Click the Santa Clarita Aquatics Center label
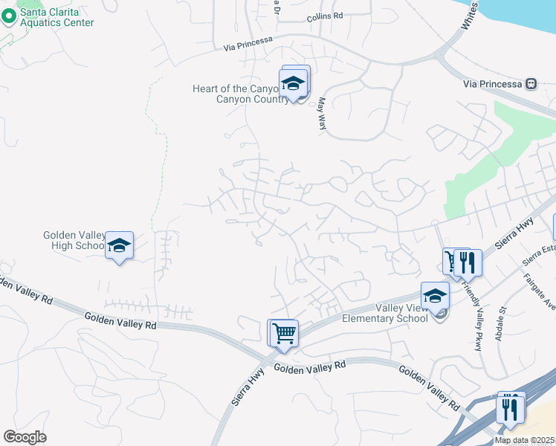(57, 17)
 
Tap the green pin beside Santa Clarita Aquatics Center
(9, 17)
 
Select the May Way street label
(323, 113)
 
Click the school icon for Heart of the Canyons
(294, 85)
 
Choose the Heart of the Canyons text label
(237, 94)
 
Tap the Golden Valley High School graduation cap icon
(119, 246)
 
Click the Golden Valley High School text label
(74, 241)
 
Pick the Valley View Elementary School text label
(384, 313)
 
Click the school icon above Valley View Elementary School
(435, 297)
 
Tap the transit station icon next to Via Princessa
(531, 83)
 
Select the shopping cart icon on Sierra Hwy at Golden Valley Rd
(283, 332)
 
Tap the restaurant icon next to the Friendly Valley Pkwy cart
(468, 262)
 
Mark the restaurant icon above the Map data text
(510, 408)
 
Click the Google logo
(25, 436)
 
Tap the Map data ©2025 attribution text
(523, 440)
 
